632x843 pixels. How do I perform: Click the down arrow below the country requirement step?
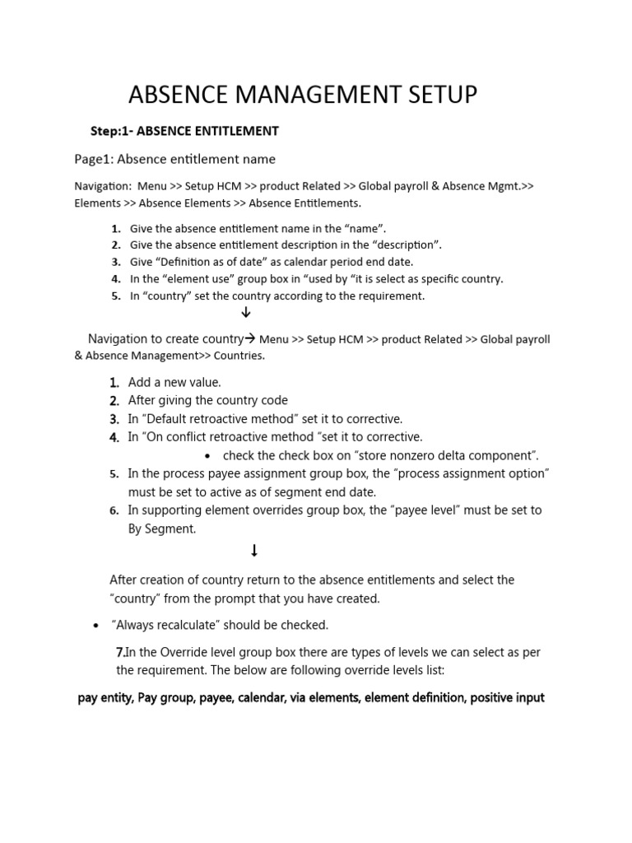tap(245, 313)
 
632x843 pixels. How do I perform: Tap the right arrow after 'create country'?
tap(251, 338)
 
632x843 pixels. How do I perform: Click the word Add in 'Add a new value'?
tap(141, 382)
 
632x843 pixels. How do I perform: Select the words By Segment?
tap(162, 529)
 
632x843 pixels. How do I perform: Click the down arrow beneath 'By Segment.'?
tap(254, 551)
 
